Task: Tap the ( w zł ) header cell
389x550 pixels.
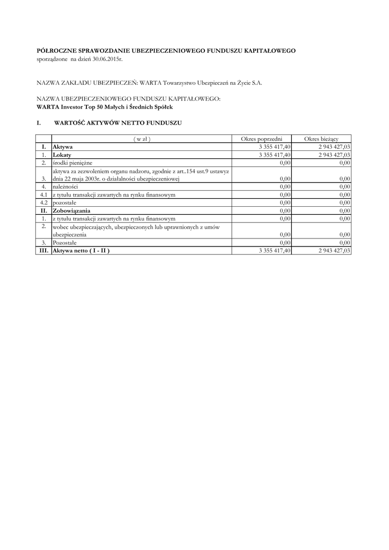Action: click(142, 139)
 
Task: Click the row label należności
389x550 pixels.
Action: click(65, 186)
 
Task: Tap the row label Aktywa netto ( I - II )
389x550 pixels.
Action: click(84, 250)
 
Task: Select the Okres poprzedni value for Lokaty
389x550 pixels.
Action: click(274, 154)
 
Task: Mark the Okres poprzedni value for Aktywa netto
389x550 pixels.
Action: click(274, 250)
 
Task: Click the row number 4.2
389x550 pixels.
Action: click(44, 202)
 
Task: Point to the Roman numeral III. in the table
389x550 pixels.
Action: click(43, 250)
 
